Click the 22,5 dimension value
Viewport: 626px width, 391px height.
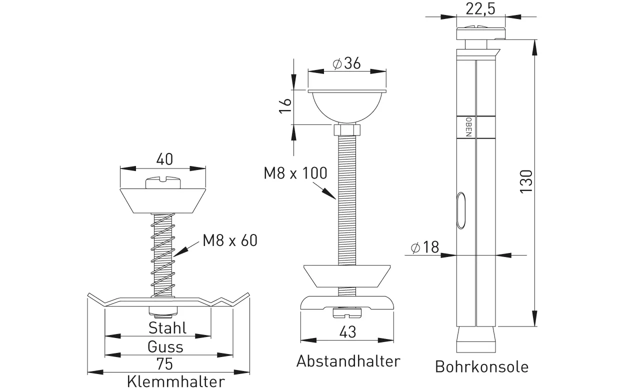pyautogui.click(x=480, y=8)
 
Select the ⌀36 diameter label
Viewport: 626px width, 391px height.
pyautogui.click(x=346, y=63)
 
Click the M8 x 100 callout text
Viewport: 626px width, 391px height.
pyautogui.click(x=295, y=173)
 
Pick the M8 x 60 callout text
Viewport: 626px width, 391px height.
pyautogui.click(x=230, y=240)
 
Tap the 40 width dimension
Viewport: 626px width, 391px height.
pyautogui.click(x=163, y=159)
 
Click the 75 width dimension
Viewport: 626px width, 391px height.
pyautogui.click(x=168, y=364)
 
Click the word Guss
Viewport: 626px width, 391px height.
pyautogui.click(x=165, y=346)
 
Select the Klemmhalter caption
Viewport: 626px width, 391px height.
pyautogui.click(x=175, y=382)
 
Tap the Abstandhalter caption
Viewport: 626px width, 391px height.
pyautogui.click(x=348, y=361)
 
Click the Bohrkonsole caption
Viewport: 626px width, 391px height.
pyautogui.click(x=481, y=366)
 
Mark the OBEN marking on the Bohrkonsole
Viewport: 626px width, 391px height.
pyautogui.click(x=468, y=127)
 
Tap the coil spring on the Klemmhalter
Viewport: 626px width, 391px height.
pyautogui.click(x=162, y=254)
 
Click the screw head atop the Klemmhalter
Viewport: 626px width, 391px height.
pyautogui.click(x=162, y=182)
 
